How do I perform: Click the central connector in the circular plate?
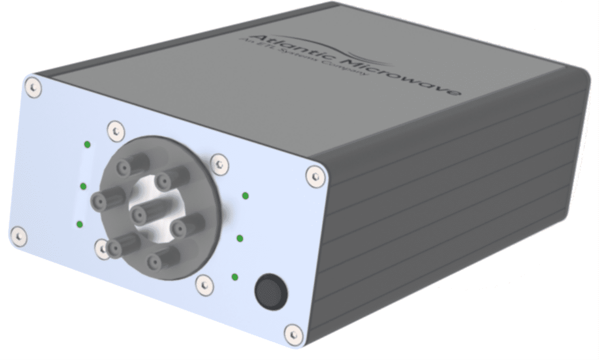click(x=139, y=211)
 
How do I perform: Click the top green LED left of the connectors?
click(x=87, y=145)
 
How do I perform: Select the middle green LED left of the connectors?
click(x=83, y=186)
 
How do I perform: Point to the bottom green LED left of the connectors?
click(x=80, y=224)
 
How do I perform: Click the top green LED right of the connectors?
click(x=245, y=195)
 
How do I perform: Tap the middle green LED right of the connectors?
click(x=240, y=238)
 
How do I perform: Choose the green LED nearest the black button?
click(x=235, y=277)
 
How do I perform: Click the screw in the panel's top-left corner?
click(x=33, y=87)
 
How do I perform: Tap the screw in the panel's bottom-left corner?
click(x=19, y=235)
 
